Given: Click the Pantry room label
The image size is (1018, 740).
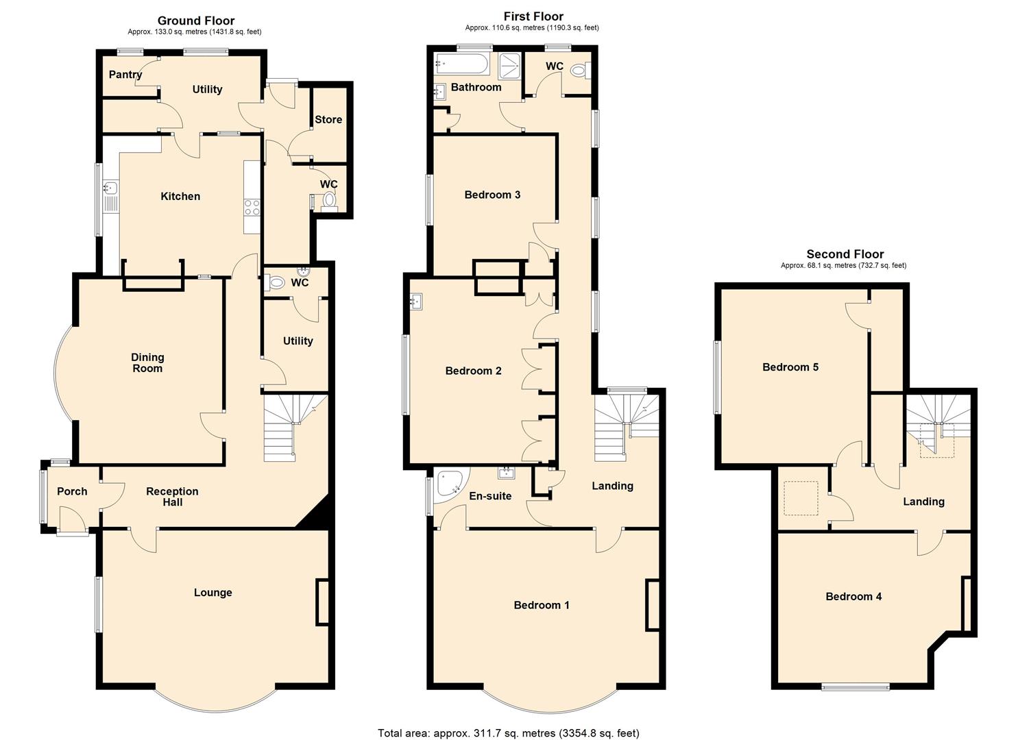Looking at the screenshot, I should pos(125,75).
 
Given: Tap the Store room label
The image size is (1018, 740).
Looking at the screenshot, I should pos(328,119).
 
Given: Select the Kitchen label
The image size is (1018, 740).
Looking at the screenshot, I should pos(180,197).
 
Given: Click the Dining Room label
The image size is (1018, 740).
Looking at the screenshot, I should pos(147,362).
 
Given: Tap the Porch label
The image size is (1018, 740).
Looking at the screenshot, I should pos(72,491).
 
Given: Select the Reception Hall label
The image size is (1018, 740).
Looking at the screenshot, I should pos(172,497).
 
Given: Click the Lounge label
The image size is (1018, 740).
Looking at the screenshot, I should pos(213,593).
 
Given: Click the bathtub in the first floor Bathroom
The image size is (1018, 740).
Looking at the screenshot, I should pos(461,65).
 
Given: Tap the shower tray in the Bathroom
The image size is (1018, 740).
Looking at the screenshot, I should pos(509,66).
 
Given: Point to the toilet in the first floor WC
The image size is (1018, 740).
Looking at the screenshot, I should pos(579,70).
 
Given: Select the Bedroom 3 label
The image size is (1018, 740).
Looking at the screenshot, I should pos(492,195).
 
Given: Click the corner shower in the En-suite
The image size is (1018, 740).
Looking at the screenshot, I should pos(452,483).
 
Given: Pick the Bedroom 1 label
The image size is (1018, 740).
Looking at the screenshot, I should pos(542,605).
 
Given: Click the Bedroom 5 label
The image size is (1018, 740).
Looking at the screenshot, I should pos(790,367).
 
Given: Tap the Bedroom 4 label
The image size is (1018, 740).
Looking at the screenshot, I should pos(853,597).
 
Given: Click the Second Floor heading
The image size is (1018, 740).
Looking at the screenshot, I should pos(845,254).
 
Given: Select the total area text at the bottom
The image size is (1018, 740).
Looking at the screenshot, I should pos(508,733).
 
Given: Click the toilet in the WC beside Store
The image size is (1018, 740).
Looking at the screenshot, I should pos(330,200).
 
